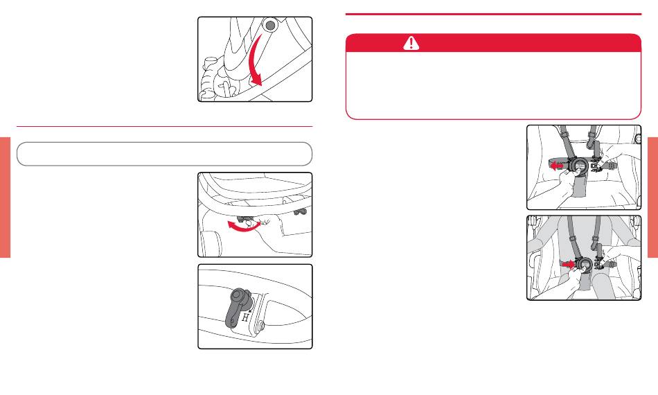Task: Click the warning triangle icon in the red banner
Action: coord(411,43)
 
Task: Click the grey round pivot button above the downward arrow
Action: coord(270,25)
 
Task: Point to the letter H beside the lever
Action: coord(245,318)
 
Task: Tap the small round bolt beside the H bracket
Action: coord(261,324)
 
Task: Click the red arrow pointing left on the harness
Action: coord(557,166)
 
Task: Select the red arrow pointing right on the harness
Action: coord(568,265)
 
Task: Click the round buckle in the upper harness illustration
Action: coord(580,165)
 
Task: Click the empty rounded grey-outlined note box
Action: coord(165,154)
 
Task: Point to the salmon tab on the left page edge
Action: coord(5,197)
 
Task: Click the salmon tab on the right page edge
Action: coord(652,197)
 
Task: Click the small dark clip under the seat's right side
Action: coord(301,211)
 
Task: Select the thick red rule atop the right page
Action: coord(493,14)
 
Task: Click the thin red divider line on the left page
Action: coord(165,126)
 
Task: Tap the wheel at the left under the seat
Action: coord(211,243)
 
